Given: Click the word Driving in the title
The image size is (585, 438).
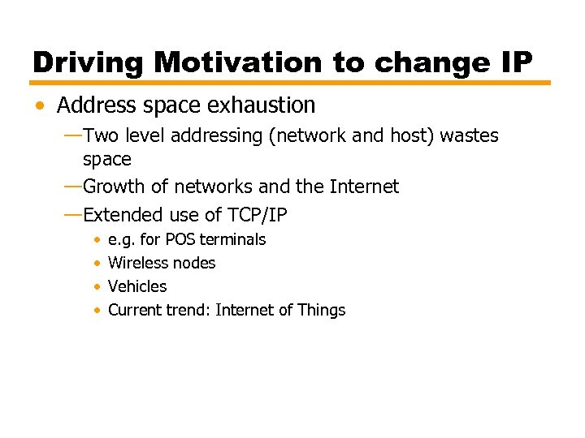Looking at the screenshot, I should [x=88, y=62].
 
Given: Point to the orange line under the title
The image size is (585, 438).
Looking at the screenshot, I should [x=291, y=83].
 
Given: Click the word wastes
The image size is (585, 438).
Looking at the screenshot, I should [x=469, y=135].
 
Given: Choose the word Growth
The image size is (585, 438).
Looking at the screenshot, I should [x=115, y=187].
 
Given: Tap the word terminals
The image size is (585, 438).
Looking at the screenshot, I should [x=232, y=239].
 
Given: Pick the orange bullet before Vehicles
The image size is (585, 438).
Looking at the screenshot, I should [x=97, y=287].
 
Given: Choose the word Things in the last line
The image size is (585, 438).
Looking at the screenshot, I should [x=322, y=310].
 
